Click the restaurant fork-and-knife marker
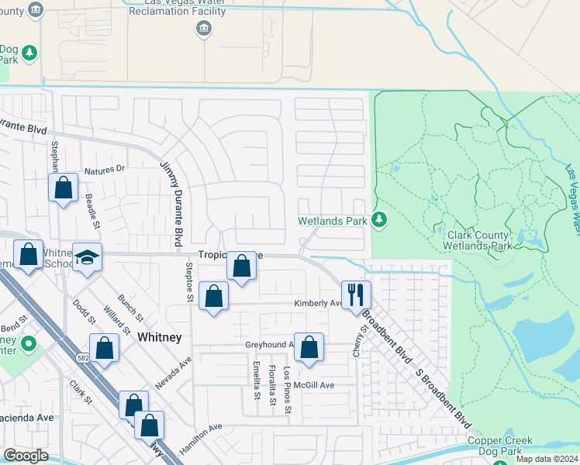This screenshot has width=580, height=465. click(x=356, y=294)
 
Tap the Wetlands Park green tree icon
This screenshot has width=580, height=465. click(x=379, y=221)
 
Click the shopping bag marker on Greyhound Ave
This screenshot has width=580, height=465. click(x=309, y=348)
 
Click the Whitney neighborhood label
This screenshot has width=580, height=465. click(x=159, y=337)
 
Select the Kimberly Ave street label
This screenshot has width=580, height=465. click(x=317, y=304)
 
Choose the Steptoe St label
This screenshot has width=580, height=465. click(x=188, y=276)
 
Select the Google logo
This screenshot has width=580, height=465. click(x=26, y=456)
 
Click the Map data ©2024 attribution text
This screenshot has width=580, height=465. click(x=547, y=459)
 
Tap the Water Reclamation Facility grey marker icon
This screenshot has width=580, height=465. click(x=204, y=29)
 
